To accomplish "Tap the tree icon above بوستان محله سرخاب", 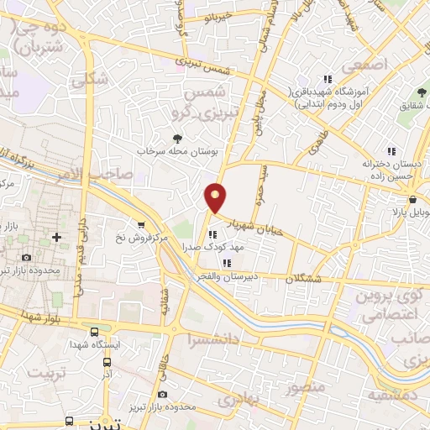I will (176, 139).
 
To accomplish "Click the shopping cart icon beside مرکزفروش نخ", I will (142, 225).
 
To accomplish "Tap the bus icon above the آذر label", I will (107, 363).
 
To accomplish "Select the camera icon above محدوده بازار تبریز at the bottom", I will (162, 394).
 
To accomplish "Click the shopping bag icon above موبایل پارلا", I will (415, 201).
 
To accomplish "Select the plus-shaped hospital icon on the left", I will (56, 237).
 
